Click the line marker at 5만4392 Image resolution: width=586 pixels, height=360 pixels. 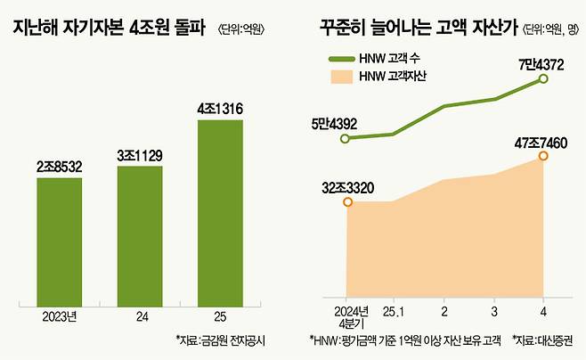pyautogui.click(x=346, y=138)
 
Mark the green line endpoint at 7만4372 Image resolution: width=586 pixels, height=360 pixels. pyautogui.click(x=542, y=80)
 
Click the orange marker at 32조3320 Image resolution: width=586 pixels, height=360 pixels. pyautogui.click(x=346, y=202)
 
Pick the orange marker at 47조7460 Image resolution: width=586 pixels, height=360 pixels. pyautogui.click(x=542, y=157)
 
